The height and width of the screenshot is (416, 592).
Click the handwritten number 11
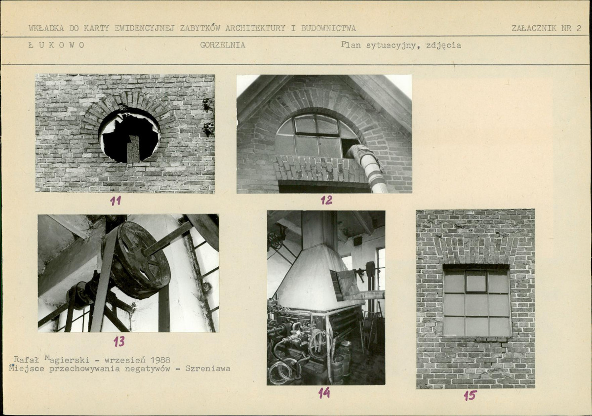116,201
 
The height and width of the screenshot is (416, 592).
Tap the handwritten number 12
326,200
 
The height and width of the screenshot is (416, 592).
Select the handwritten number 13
119,341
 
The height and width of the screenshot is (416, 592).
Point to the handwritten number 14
324,393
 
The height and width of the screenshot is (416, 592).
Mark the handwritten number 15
470,396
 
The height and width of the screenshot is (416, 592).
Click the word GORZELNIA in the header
223,45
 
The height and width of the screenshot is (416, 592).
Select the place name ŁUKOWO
57,45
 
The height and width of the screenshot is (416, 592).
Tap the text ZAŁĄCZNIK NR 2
546,28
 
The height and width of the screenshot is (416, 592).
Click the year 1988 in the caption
160,360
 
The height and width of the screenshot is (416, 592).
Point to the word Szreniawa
208,369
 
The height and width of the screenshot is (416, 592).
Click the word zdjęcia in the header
443,45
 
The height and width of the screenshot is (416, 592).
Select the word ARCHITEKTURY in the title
255,28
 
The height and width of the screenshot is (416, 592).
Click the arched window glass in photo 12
316,136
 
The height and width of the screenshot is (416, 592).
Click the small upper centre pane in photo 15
476,281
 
